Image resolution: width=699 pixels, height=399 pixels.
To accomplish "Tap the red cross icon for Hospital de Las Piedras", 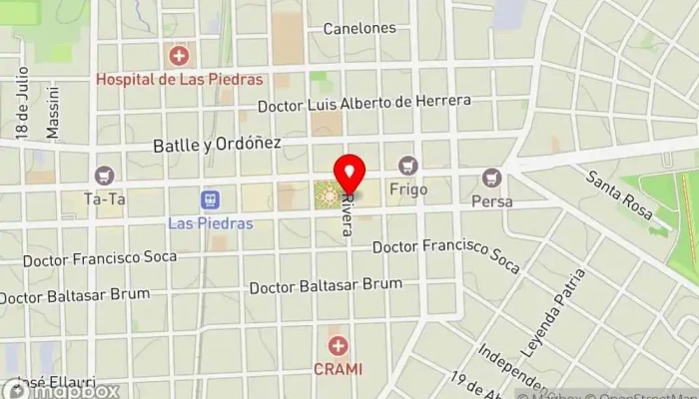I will (x=179, y=55).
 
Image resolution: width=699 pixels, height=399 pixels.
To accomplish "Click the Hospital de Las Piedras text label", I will (x=180, y=79).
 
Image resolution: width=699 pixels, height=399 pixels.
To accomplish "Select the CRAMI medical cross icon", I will (x=340, y=346).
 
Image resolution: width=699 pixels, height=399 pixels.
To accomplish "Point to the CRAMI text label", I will (x=340, y=368).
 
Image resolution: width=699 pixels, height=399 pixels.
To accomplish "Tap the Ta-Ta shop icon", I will (x=104, y=176).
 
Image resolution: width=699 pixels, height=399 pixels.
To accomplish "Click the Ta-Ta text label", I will (x=104, y=199).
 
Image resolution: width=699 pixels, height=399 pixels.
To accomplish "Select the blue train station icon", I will (x=211, y=199).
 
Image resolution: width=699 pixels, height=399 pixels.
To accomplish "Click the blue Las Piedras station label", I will (x=211, y=222).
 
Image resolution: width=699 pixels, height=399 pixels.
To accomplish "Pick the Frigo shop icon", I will (x=406, y=165).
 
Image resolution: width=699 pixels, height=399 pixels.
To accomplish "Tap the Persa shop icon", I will (x=490, y=178).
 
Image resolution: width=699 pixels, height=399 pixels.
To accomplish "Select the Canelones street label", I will (x=359, y=28).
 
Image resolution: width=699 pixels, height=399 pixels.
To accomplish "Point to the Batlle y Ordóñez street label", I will (x=217, y=145).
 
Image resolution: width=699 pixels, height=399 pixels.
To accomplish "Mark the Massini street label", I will (x=53, y=112).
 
